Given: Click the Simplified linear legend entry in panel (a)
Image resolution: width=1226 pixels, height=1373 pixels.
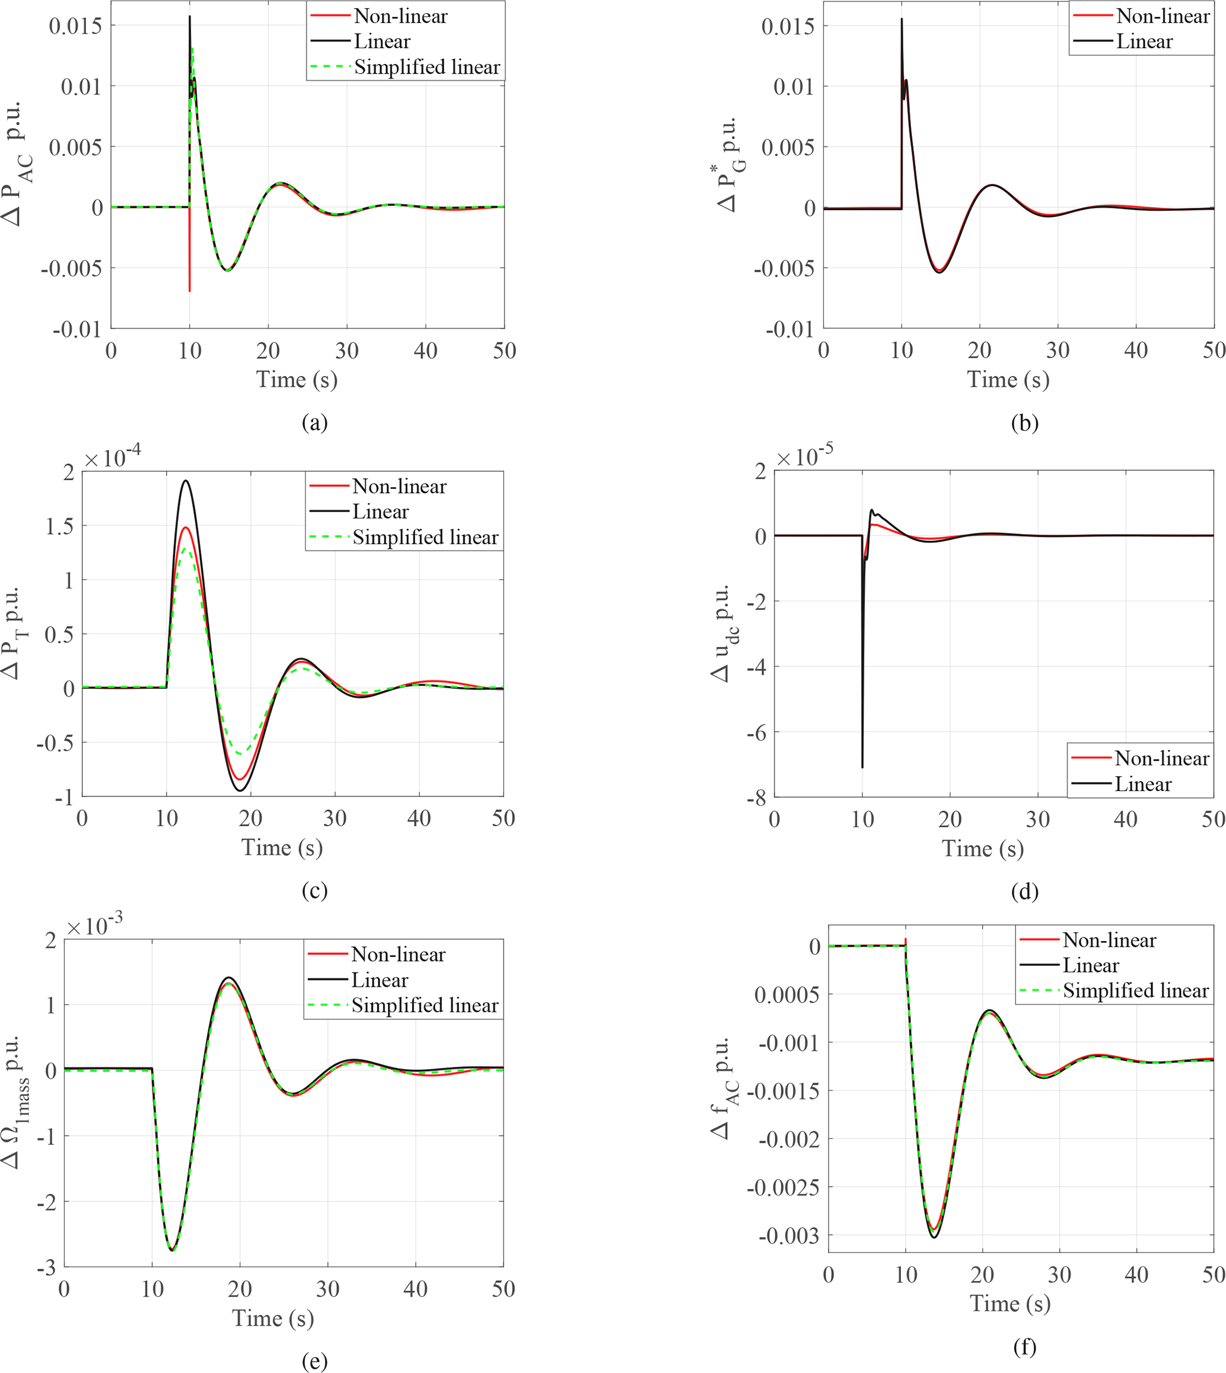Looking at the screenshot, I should click(x=426, y=68).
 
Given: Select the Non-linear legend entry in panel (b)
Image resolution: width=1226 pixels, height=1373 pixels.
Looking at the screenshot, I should click(x=1162, y=16).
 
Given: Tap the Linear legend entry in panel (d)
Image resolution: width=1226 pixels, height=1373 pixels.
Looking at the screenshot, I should click(x=1142, y=784).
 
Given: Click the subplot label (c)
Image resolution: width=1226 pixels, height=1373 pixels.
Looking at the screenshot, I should click(x=314, y=891).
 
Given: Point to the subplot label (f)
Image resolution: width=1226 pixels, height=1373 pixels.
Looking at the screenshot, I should click(x=1024, y=1347).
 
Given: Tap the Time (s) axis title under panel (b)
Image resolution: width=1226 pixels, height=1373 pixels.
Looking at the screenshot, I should click(x=1008, y=379).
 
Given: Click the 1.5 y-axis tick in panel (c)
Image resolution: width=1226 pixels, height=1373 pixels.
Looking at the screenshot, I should click(x=59, y=526).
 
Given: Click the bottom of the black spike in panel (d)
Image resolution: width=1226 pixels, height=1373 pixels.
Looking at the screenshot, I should click(x=862, y=767).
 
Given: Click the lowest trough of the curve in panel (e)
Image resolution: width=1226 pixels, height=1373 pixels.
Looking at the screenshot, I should click(x=173, y=1250).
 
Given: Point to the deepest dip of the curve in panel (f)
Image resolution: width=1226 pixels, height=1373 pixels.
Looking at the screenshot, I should click(x=934, y=1237).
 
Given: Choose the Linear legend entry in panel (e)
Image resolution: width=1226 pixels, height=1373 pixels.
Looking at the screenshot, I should click(x=379, y=980).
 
